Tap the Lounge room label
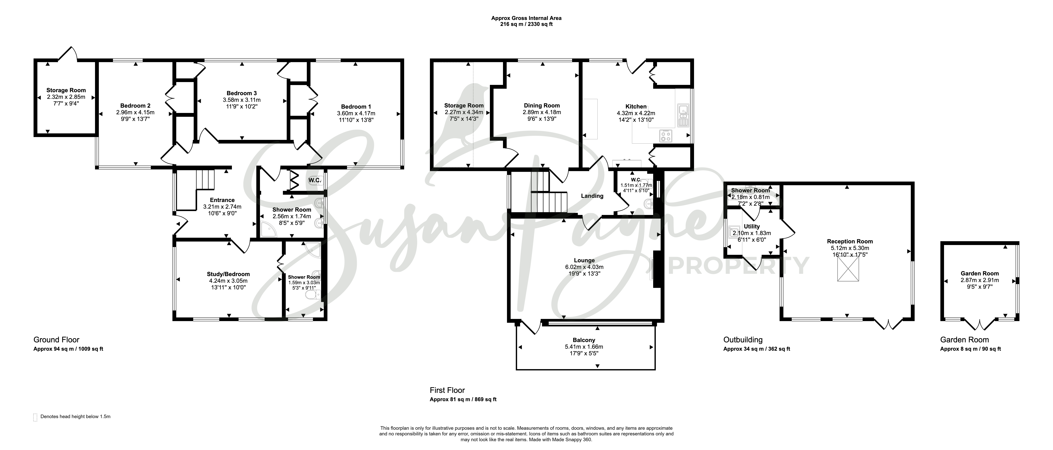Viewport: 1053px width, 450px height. tap(584, 260)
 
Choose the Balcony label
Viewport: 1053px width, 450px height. tap(584, 340)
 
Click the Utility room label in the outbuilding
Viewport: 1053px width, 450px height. tap(752, 226)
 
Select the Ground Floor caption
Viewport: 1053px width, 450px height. tap(56, 340)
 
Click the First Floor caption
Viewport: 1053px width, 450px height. tap(447, 390)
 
